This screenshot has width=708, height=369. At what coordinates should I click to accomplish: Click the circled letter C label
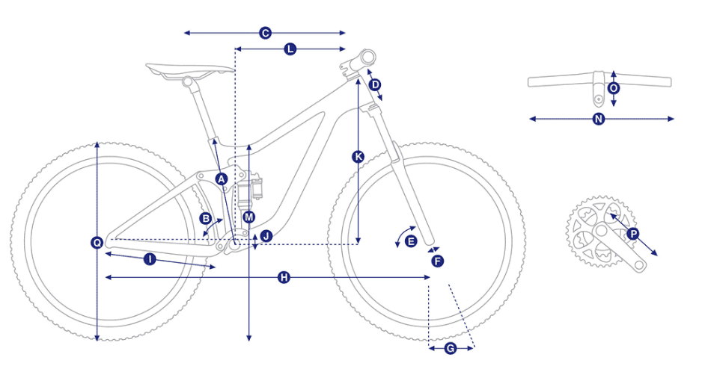click(265, 33)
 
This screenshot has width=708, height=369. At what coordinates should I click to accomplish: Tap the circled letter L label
click(290, 49)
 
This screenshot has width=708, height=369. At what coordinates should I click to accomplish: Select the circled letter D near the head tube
click(375, 84)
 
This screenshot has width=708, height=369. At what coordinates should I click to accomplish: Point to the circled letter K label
click(358, 157)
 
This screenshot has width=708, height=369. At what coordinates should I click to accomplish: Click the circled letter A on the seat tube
click(221, 179)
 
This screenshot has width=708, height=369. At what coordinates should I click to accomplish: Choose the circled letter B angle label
click(206, 219)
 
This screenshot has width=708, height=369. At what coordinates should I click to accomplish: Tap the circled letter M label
click(248, 217)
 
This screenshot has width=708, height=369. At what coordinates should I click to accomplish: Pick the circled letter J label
click(266, 235)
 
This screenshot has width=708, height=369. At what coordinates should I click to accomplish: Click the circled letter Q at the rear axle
click(97, 243)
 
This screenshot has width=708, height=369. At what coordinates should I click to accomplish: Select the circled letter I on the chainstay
click(150, 259)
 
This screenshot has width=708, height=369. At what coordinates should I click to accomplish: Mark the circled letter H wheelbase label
click(284, 278)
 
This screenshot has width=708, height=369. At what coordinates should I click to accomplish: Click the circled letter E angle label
click(410, 241)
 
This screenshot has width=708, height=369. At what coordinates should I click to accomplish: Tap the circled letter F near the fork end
click(437, 261)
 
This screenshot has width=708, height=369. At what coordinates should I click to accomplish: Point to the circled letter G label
click(451, 348)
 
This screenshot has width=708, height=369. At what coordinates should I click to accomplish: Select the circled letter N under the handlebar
click(598, 119)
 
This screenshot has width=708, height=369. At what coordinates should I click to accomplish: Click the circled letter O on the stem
click(613, 88)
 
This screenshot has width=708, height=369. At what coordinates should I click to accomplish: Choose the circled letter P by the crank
click(633, 234)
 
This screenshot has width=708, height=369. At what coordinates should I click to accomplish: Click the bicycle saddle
click(189, 70)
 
